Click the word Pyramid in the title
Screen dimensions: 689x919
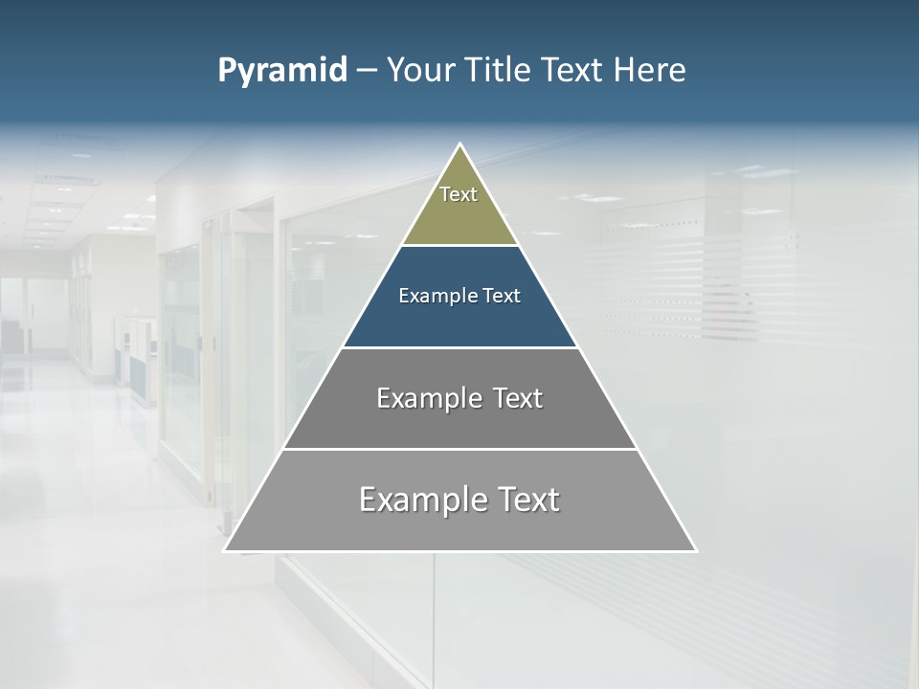(x=281, y=71)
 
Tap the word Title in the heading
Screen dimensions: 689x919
(x=499, y=70)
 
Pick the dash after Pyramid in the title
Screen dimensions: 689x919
(x=367, y=71)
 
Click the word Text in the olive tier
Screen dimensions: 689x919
(x=459, y=194)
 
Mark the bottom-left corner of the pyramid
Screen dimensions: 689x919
(x=226, y=549)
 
